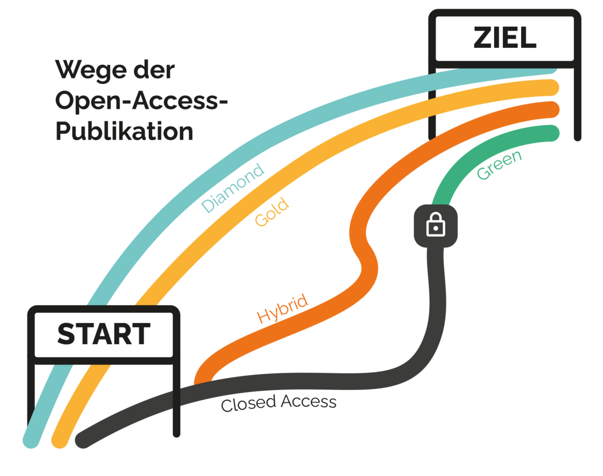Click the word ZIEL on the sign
click(x=505, y=39)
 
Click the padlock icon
click(x=436, y=226)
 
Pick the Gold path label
click(x=272, y=213)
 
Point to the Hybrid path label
click(x=282, y=308)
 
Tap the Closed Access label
click(x=278, y=403)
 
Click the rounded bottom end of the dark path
click(x=83, y=440)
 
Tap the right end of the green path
click(x=553, y=133)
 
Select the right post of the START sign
click(x=176, y=402)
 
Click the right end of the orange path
click(x=553, y=109)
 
